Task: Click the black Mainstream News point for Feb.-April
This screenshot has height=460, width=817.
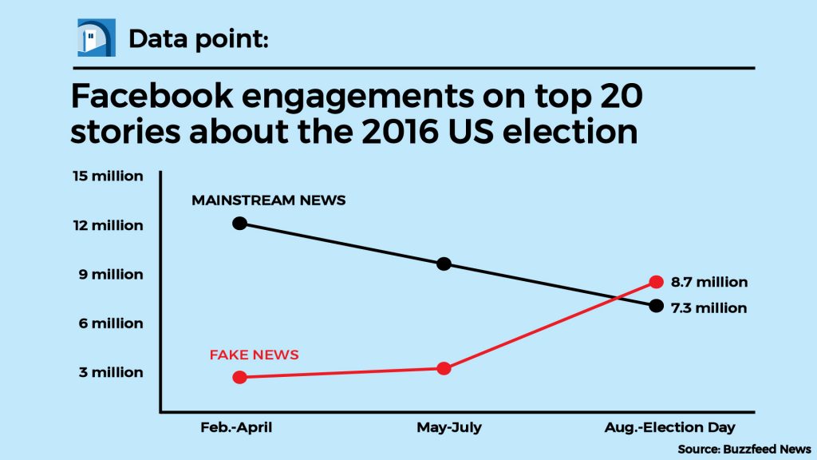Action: point(239,223)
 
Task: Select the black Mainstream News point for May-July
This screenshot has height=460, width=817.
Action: point(444,264)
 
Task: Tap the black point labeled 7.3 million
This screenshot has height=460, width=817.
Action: point(656,306)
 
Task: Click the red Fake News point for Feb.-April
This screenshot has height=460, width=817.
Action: point(239,377)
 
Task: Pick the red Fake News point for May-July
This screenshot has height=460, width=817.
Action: point(444,368)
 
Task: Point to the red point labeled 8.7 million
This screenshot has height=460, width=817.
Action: point(656,281)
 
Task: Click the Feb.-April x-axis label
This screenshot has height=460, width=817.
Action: point(236,427)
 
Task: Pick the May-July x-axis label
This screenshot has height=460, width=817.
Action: point(449,427)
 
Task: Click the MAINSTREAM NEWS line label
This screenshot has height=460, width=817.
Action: point(269,200)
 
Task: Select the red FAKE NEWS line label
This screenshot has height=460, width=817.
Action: point(254,355)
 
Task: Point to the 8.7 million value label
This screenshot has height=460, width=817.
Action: point(709,282)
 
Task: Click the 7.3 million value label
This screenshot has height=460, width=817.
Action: point(709,307)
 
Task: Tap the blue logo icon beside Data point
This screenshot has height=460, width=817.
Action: point(97,38)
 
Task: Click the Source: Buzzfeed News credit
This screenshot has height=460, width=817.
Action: point(744,449)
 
